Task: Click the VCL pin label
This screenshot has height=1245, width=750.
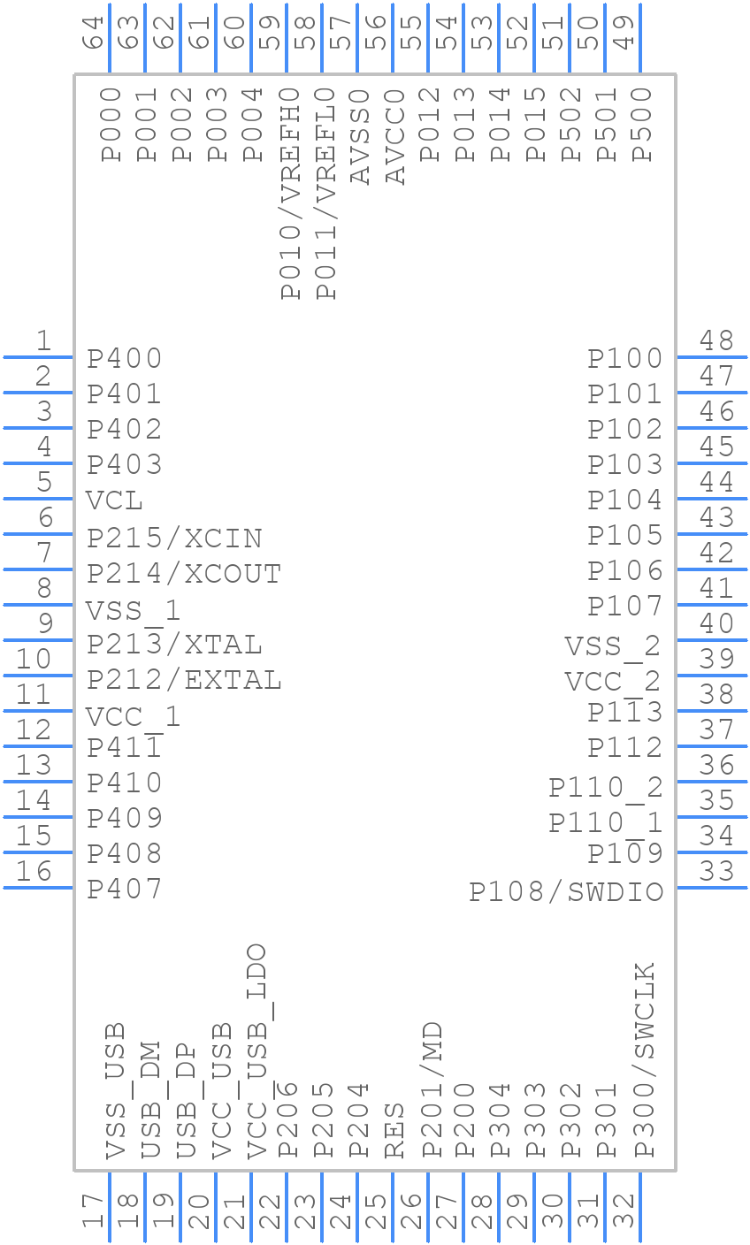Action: [115, 500]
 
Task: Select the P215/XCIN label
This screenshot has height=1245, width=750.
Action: [174, 538]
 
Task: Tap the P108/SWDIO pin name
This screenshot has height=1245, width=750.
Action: [566, 891]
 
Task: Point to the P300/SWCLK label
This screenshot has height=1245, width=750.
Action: [645, 1059]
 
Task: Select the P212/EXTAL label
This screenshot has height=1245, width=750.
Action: [184, 680]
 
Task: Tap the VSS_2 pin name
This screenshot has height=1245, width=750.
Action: [613, 646]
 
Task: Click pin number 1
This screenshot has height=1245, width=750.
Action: [42, 340]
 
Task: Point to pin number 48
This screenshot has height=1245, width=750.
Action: [716, 340]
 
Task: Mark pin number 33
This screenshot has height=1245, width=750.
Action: [716, 872]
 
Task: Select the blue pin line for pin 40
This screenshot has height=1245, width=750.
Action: [712, 639]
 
